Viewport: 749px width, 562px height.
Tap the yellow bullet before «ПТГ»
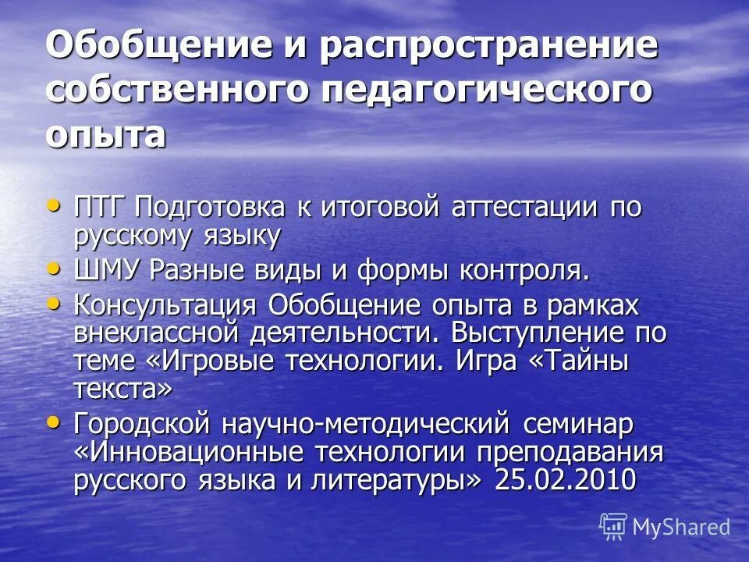tap(53, 205)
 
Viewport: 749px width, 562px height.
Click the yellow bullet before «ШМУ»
tap(53, 267)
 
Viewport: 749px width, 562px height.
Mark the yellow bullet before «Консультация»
tap(53, 301)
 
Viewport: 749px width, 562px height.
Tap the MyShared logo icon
tap(613, 526)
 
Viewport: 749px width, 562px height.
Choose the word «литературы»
tap(392, 479)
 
